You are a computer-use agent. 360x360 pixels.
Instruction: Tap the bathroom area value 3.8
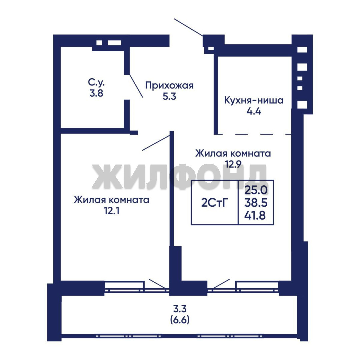coord(96,93)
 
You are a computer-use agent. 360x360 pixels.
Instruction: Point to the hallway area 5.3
coord(169,96)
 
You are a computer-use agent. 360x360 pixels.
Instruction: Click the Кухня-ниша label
coord(254,101)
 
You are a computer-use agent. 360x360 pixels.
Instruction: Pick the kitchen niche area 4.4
coord(254,112)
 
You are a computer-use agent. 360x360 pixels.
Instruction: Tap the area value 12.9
coord(233,164)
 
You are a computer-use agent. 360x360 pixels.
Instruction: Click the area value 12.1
coord(112,211)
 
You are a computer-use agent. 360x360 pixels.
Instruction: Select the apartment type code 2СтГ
coord(215,203)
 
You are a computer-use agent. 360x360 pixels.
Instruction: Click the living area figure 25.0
coord(256,190)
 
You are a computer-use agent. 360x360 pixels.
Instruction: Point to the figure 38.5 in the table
coord(256,203)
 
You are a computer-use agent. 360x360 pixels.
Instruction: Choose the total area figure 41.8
coord(255,216)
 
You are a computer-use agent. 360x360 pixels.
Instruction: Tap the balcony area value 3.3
coord(180,309)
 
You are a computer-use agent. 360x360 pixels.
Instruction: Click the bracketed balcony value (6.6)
coord(180,320)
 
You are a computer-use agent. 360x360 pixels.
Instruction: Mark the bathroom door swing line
coord(136,86)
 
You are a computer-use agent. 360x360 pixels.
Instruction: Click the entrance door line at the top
coord(188,27)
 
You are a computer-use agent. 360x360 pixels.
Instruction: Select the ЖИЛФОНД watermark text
coord(179,176)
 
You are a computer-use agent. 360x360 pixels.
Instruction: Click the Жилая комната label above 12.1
coord(112,200)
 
